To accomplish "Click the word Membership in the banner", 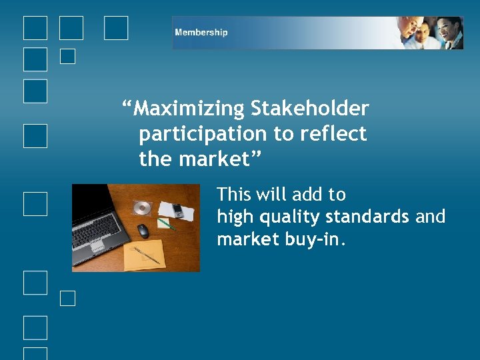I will click(x=201, y=33).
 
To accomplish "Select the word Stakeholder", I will click(x=310, y=108).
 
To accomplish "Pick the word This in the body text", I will click(x=233, y=195).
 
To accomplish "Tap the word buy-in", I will click(x=316, y=239).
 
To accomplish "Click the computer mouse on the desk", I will click(x=143, y=231).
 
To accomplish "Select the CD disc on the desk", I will click(x=142, y=208).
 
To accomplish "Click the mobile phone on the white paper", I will click(x=178, y=210).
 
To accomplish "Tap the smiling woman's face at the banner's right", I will click(x=450, y=28).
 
